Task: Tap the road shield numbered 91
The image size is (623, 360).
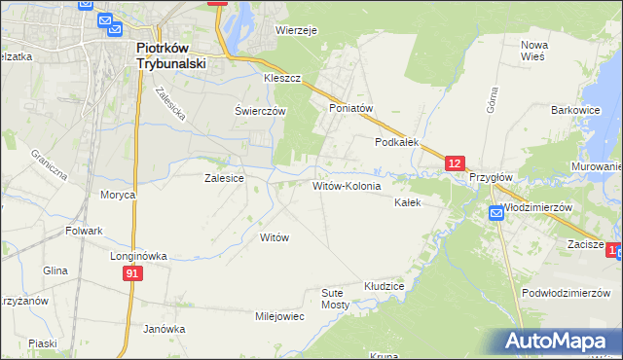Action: click(134, 275)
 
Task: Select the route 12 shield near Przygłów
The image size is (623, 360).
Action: click(456, 164)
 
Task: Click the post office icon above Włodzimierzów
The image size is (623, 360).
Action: click(495, 215)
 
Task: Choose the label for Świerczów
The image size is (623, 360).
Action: click(260, 111)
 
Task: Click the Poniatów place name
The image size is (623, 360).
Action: click(351, 109)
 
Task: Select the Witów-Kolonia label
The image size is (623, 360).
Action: click(346, 185)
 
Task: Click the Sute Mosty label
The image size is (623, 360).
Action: click(336, 298)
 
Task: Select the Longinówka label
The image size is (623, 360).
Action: click(139, 256)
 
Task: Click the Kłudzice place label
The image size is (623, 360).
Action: click(384, 287)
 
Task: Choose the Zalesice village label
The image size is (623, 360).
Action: click(224, 178)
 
